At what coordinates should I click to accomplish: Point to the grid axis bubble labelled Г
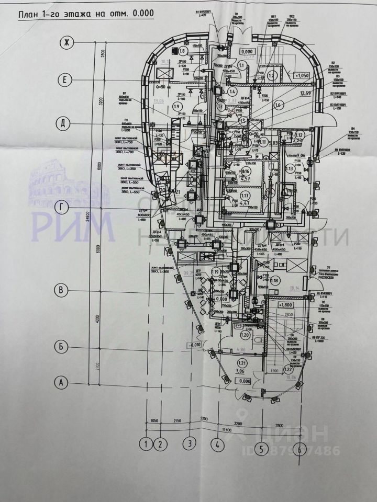click(x=63, y=208)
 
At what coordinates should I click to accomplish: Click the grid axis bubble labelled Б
click(x=62, y=346)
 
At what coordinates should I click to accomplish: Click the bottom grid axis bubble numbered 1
click(x=145, y=444)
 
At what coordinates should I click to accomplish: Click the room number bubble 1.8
click(x=182, y=51)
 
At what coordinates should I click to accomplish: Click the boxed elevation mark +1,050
click(x=303, y=75)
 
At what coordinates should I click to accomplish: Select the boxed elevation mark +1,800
click(x=286, y=304)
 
